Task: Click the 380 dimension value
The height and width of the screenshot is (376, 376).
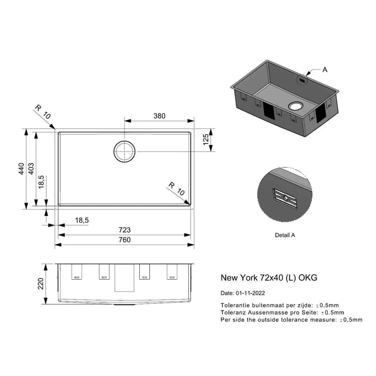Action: pos(159,116)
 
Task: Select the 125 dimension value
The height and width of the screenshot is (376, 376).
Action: pos(206,139)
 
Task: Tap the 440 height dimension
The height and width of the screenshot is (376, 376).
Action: pos(21,168)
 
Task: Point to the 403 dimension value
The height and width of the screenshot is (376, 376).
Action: pos(31,168)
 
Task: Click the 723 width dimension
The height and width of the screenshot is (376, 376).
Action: pos(125,230)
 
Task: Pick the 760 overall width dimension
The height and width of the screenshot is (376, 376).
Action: pos(125,240)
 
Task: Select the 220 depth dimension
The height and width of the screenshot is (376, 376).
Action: pos(41,284)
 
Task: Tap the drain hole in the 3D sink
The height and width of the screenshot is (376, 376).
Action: pos(296,106)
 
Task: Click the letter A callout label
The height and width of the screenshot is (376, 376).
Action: pos(325,70)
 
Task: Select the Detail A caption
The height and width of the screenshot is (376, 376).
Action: pos(285,235)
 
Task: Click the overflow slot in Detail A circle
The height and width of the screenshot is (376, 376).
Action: pos(285,199)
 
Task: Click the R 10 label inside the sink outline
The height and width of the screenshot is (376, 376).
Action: pos(176,189)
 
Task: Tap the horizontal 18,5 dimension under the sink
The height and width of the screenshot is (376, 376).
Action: pos(82,220)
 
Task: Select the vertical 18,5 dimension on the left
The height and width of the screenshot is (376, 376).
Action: pos(41,182)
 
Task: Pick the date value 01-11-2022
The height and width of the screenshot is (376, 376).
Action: pos(250,293)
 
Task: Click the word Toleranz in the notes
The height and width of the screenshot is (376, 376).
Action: pos(233,312)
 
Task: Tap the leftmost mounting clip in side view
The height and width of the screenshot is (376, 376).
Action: pos(77,272)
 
